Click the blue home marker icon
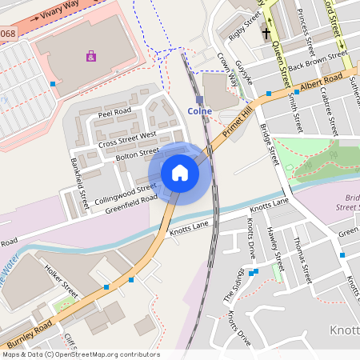pyautogui.click(x=180, y=173)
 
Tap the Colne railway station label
pyautogui.click(x=199, y=110)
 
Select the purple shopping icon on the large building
pyautogui.click(x=91, y=56)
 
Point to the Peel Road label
pyautogui.click(x=114, y=114)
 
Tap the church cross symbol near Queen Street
pyautogui.click(x=266, y=34)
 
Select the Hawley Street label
pyautogui.click(x=276, y=248)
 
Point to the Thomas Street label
pyautogui.click(x=302, y=260)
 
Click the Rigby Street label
pyautogui.click(x=245, y=26)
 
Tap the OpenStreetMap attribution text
pyautogui.click(x=81, y=354)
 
